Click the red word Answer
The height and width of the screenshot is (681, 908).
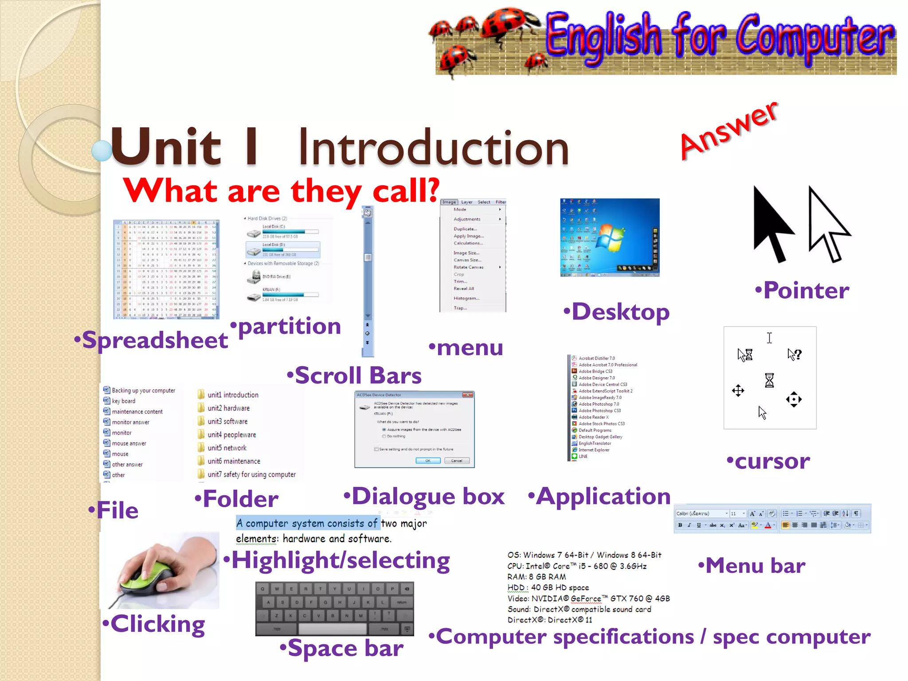(x=728, y=131)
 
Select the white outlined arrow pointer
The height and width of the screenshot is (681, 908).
(x=827, y=224)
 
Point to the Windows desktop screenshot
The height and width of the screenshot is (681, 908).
(x=610, y=237)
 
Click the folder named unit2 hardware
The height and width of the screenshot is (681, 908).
(x=228, y=408)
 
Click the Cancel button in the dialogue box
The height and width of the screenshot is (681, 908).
(x=456, y=461)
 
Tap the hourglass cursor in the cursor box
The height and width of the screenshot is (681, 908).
(x=769, y=380)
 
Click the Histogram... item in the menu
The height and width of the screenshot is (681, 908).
(x=466, y=298)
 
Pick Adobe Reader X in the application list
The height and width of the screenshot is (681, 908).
(x=593, y=417)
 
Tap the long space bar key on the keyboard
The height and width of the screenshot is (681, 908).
(x=332, y=629)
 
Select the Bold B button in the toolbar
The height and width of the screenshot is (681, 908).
(x=680, y=525)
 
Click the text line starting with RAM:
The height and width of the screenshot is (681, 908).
(x=536, y=577)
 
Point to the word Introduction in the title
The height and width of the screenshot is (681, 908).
(x=433, y=148)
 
